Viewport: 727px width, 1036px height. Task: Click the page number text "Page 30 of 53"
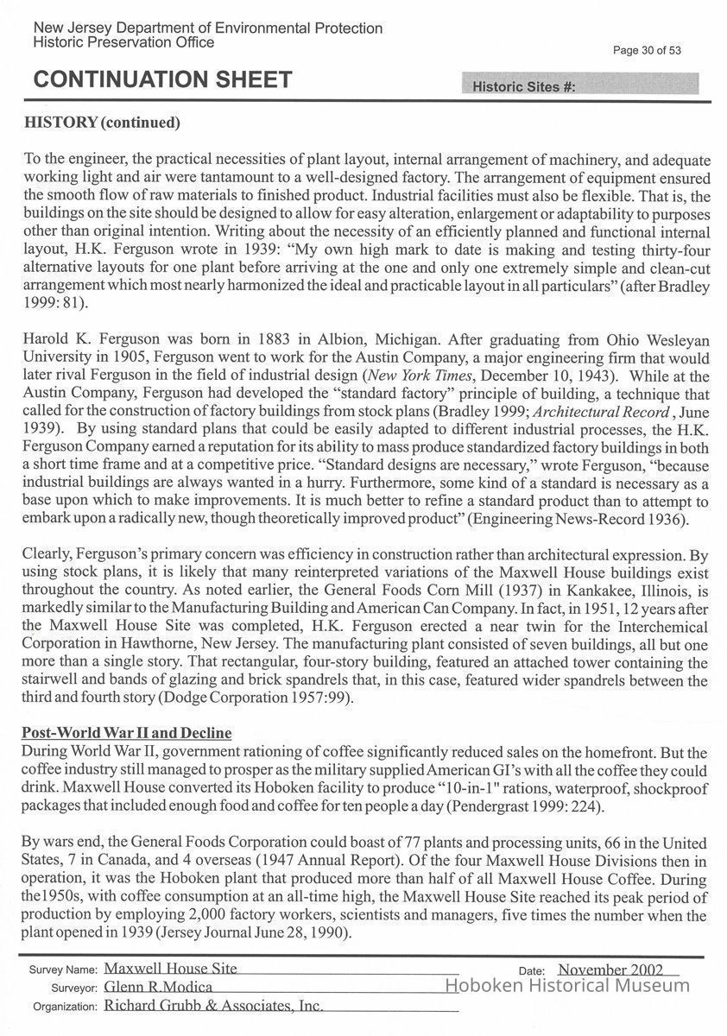coord(647,50)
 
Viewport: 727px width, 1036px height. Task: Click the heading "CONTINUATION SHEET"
coord(162,80)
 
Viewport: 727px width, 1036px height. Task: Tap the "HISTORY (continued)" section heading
coord(102,123)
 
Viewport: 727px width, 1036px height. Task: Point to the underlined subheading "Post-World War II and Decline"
coord(127,733)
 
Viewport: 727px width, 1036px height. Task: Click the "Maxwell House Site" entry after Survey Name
coord(170,969)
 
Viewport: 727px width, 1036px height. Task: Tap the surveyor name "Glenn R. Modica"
coord(158,987)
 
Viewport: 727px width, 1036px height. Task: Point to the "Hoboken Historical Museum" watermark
coord(566,986)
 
